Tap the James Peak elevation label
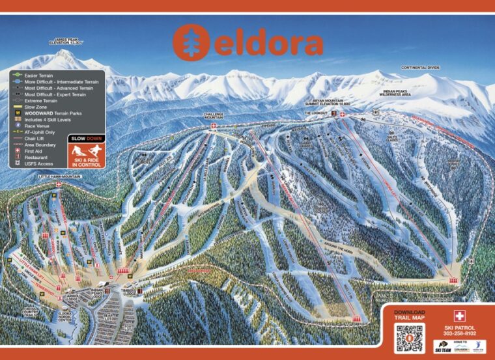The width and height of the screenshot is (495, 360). [x=70, y=43]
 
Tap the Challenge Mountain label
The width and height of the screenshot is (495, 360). [x=213, y=115]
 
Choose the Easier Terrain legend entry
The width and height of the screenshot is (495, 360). [x=40, y=76]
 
